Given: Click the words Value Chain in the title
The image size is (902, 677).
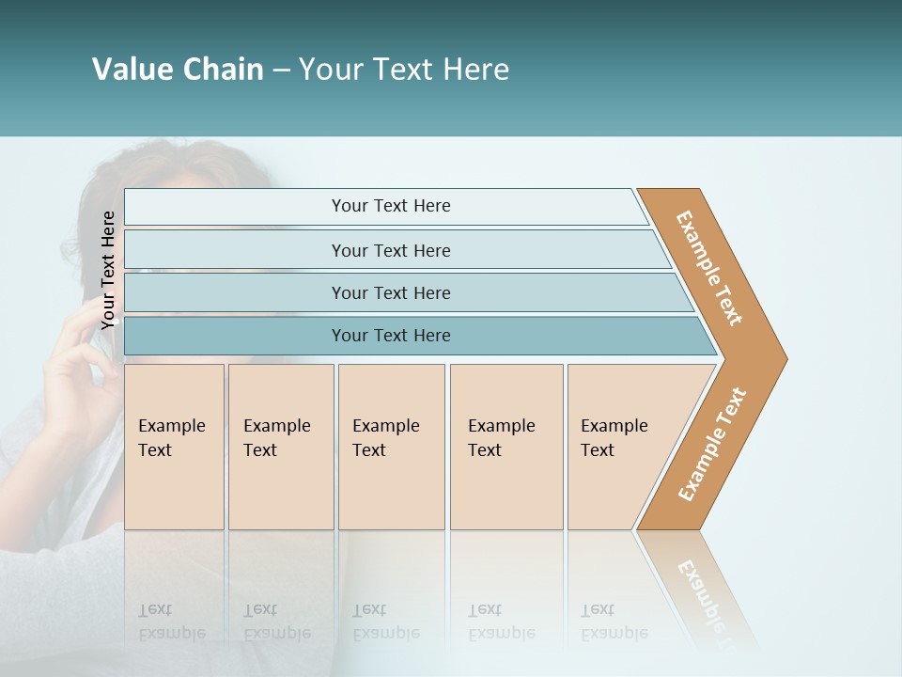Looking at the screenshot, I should tap(178, 70).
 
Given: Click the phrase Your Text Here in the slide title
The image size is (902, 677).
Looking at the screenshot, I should tap(404, 70).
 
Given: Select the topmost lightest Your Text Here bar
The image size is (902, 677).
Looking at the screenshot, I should tap(391, 206).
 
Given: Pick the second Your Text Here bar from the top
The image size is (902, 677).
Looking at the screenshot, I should tap(391, 250).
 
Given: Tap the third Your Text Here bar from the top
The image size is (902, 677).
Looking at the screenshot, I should tap(391, 292).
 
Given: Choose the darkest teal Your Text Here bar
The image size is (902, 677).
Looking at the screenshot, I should tap(391, 336).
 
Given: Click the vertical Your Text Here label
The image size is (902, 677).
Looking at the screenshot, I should tap(108, 270).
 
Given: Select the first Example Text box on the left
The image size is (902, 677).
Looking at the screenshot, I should tap(174, 446).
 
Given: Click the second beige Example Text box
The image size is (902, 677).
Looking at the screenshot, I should tap(280, 446).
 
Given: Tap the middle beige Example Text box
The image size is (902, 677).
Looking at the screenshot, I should tap(391, 446).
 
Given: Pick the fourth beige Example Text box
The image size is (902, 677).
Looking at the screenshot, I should tap(506, 446).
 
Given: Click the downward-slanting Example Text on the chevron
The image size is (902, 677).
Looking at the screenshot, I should tap(709, 267).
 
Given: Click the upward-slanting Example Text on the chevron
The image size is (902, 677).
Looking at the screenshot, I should tap(711, 445).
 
